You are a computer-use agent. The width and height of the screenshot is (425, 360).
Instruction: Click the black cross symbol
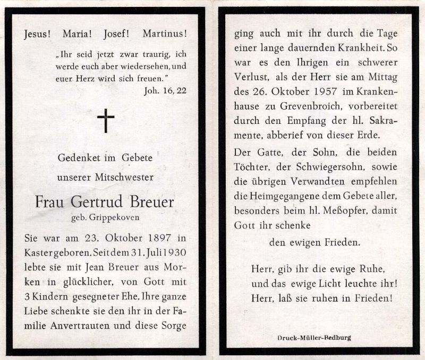(106, 121)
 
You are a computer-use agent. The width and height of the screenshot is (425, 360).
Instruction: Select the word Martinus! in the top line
(165, 34)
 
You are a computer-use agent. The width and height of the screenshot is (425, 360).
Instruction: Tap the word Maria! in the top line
(78, 34)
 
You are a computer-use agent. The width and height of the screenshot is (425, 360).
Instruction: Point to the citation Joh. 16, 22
(165, 90)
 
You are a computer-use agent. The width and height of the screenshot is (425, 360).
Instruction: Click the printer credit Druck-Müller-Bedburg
(314, 338)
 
